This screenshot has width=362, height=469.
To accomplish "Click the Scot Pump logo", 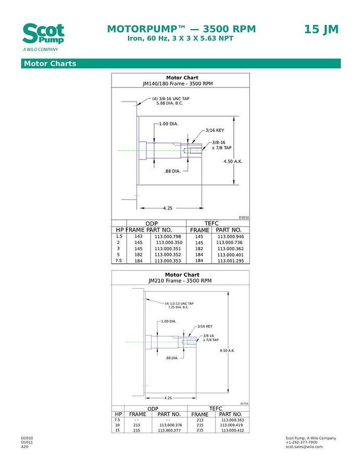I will [x=43, y=35].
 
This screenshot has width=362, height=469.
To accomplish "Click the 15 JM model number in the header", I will [x=321, y=29].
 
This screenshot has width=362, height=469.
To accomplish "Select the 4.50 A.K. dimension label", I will [x=233, y=162].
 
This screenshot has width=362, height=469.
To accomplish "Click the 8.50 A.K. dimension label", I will [x=228, y=351].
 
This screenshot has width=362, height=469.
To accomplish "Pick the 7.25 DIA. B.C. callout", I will [x=179, y=307].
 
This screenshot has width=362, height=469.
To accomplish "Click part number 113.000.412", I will [x=232, y=430].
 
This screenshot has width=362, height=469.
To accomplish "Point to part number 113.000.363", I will [x=232, y=419].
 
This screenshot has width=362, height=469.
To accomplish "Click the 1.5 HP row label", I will [x=119, y=237].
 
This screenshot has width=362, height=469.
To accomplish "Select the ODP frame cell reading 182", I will [x=139, y=255].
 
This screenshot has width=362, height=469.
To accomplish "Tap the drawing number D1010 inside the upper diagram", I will [x=244, y=217].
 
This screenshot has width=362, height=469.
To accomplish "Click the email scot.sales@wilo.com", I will [x=304, y=447].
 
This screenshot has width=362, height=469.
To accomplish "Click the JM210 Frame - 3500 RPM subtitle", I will [x=180, y=281].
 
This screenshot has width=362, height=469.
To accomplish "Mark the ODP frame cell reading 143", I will [x=139, y=237].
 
